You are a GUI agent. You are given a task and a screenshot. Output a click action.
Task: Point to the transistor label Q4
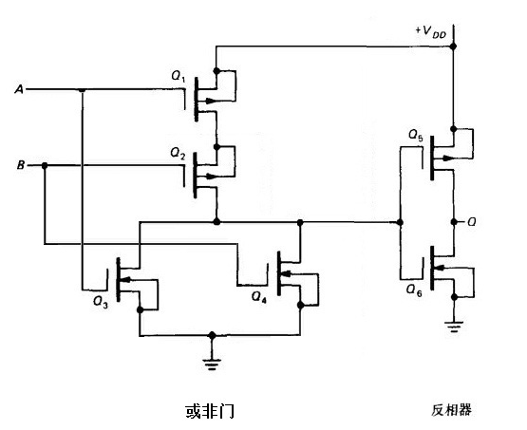(258, 296)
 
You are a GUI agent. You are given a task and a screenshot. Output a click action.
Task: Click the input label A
(19, 90)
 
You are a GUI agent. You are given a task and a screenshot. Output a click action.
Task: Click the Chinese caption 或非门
(209, 411)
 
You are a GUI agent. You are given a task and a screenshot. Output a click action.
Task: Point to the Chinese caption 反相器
(451, 410)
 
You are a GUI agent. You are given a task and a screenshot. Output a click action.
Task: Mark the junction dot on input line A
(83, 91)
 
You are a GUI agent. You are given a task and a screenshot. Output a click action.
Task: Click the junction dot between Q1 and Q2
(217, 146)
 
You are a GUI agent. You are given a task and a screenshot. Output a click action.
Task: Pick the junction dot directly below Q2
(217, 221)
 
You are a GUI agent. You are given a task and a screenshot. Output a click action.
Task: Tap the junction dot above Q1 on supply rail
(217, 71)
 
